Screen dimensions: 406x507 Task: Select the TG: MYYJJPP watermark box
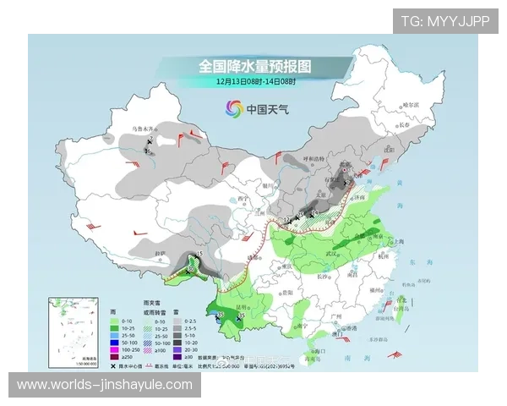coord(444,20)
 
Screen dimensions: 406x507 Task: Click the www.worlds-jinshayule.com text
coord(105,385)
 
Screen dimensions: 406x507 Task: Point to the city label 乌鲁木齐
coord(146,129)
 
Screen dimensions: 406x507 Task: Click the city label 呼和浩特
coord(314,158)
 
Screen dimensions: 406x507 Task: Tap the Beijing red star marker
coord(344,173)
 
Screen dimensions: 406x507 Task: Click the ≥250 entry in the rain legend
coord(106,357)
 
